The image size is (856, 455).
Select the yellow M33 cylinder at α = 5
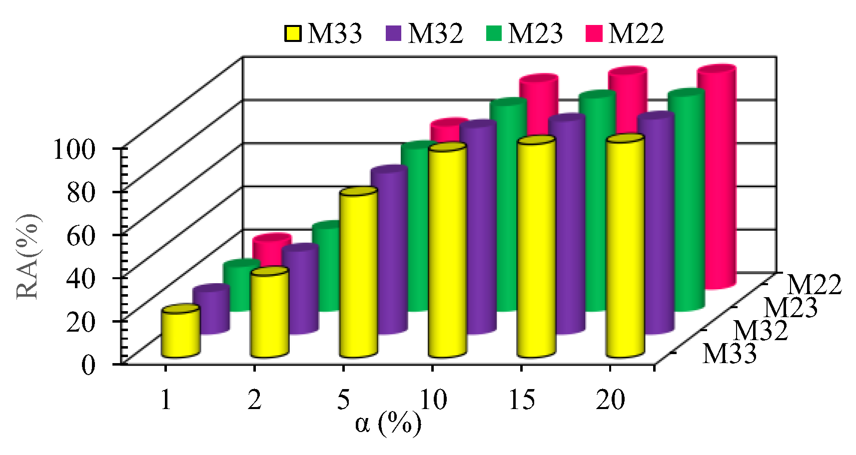point(358,275)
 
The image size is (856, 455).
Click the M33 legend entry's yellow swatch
point(293,33)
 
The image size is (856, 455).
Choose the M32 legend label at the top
point(435,33)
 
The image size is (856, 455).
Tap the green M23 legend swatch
point(494,33)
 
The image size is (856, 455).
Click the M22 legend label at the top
point(636,33)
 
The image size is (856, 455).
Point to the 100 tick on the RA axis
point(74,149)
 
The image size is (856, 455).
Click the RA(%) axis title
point(28,256)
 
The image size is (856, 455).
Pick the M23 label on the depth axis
point(791,308)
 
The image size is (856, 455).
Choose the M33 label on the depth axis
point(730,354)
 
